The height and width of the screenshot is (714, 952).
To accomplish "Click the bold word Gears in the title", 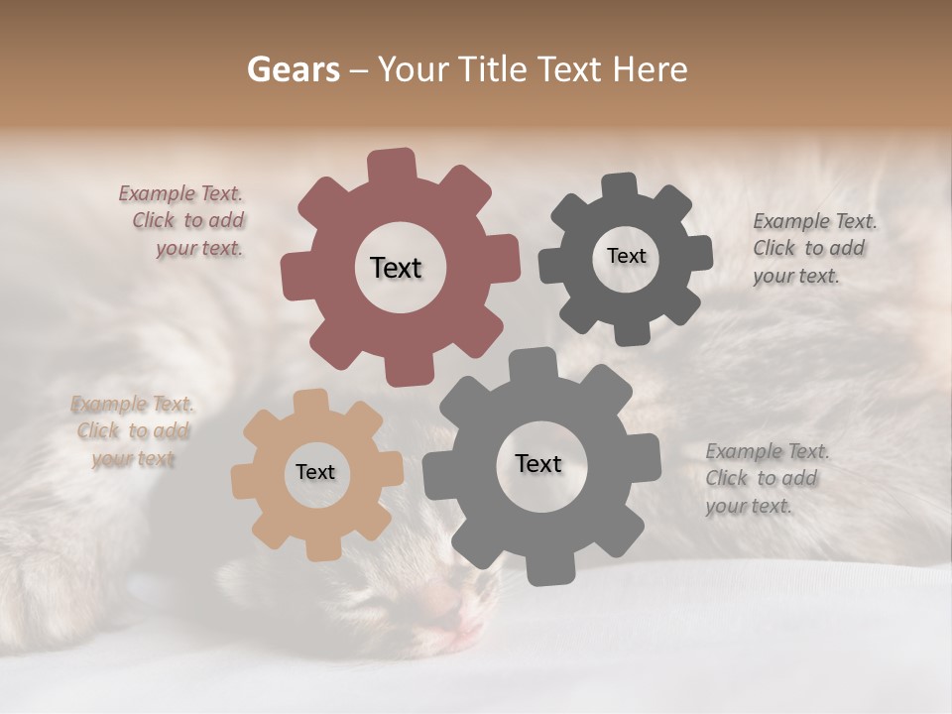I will (x=293, y=69).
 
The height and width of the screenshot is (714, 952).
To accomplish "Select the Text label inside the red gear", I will (x=396, y=268).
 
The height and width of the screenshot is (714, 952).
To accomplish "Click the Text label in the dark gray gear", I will (x=626, y=256).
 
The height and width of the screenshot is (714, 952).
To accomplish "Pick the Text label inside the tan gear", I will (x=315, y=472).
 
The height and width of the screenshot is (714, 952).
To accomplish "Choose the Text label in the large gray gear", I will (x=538, y=463).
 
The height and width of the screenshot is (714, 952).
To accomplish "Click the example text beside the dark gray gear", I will (x=813, y=248).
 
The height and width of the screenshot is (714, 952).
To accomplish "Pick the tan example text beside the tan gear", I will (x=132, y=431).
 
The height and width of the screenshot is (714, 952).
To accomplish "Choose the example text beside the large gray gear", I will (x=766, y=478).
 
